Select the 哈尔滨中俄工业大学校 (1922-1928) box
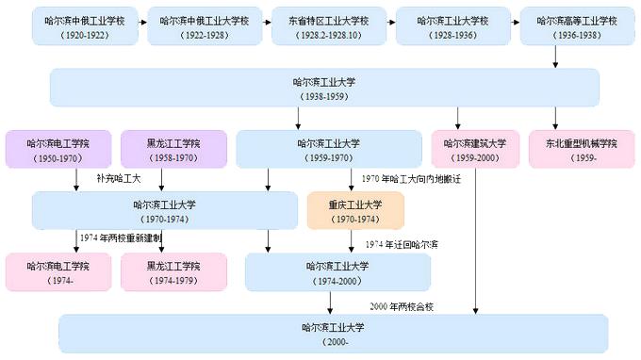(x=204, y=25)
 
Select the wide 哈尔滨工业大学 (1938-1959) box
(x=325, y=89)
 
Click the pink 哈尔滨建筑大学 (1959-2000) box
(x=475, y=149)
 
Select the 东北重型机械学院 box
(x=581, y=149)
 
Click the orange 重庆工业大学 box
(x=354, y=210)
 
